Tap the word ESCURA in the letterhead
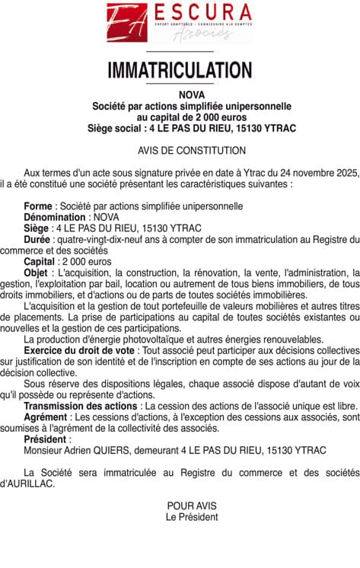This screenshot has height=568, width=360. [x=203, y=12]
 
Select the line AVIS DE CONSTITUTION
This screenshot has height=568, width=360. [x=180, y=152]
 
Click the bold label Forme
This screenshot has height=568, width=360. [x=38, y=206]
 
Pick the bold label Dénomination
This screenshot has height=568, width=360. [x=55, y=217]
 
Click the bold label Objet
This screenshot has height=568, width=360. [x=35, y=273]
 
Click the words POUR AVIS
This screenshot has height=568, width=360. [x=192, y=506]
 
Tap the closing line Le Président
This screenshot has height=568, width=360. [x=192, y=517]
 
